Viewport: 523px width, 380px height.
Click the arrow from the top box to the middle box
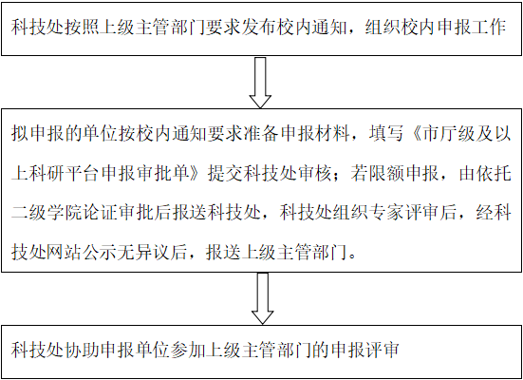[x=260, y=83]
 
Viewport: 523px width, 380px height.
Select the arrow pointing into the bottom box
[x=263, y=298]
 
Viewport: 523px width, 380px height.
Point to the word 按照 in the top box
[x=75, y=27]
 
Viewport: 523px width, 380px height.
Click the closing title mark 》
[x=198, y=173]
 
